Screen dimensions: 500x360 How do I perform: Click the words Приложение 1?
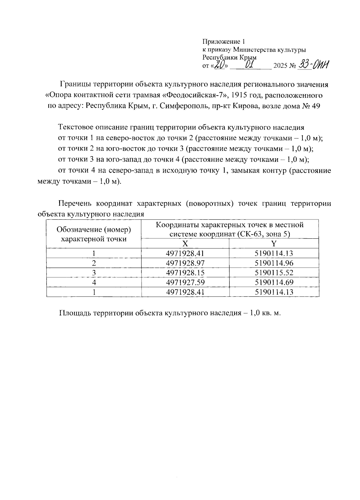click(x=224, y=42)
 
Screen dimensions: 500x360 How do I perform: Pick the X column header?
click(x=185, y=243)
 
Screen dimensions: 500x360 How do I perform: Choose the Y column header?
click(x=274, y=243)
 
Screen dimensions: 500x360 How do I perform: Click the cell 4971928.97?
click(x=185, y=263)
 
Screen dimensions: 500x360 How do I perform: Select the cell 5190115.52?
click(x=274, y=272)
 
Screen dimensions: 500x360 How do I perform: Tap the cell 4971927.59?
click(x=185, y=282)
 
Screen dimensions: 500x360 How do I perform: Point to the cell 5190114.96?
click(x=274, y=263)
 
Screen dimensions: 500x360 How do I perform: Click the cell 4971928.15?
click(x=185, y=272)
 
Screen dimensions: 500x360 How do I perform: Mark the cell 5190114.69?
click(x=274, y=282)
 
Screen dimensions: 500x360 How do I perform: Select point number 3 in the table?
click(x=94, y=272)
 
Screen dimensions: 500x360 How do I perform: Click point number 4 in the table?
click(x=94, y=282)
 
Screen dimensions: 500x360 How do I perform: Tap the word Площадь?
click(x=75, y=313)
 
